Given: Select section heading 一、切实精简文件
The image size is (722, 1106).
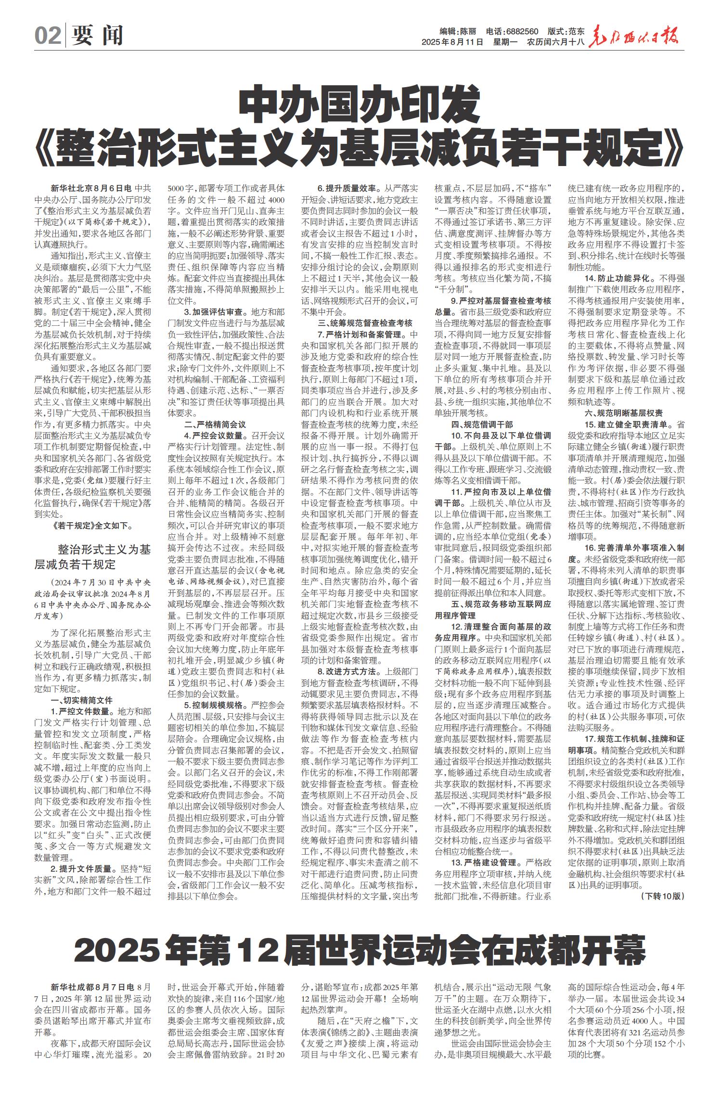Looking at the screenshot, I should coord(82,700).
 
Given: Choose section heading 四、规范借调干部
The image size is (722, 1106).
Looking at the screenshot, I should coord(482,424).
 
